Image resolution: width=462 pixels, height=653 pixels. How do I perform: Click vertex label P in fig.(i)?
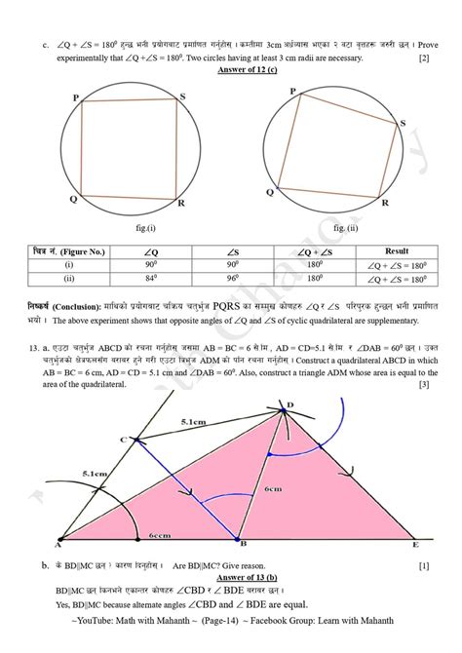tap(76, 97)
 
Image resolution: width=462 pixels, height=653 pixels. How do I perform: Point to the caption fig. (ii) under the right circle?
tap(345, 227)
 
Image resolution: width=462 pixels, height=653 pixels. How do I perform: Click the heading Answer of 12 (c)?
tap(231, 71)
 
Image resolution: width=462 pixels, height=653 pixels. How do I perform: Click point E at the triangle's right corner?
tap(417, 545)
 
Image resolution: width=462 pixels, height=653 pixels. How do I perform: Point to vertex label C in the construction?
tap(123, 441)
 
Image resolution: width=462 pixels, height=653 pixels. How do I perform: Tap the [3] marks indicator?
tap(424, 385)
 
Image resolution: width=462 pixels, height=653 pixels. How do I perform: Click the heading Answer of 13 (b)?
tap(231, 576)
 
